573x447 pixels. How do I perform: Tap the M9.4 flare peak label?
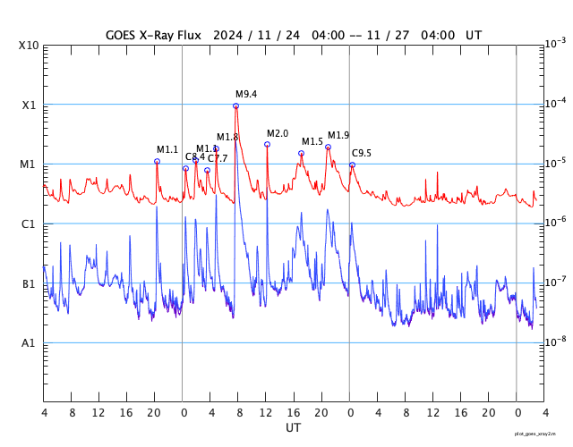point(246,94)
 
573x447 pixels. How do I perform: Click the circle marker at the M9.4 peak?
point(235,105)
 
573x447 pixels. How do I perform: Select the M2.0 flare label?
point(278,133)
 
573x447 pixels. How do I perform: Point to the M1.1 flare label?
point(167,149)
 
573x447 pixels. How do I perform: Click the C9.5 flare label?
point(361,153)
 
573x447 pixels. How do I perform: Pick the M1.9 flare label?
point(338,135)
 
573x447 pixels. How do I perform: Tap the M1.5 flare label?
point(312,141)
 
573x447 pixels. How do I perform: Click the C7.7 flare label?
point(218,158)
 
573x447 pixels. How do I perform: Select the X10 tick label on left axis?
point(30,45)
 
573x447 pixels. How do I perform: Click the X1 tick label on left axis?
point(30,105)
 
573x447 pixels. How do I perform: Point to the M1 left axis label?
point(29,164)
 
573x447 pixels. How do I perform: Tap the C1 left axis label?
point(29,224)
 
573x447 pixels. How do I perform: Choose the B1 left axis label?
point(29,284)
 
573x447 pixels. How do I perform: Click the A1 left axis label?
point(29,343)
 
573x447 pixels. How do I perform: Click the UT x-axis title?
point(293,428)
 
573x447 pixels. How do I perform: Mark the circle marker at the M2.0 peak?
point(267,144)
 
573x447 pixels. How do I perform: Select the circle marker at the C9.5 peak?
point(352,164)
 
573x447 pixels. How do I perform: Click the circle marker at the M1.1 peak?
point(157,161)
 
